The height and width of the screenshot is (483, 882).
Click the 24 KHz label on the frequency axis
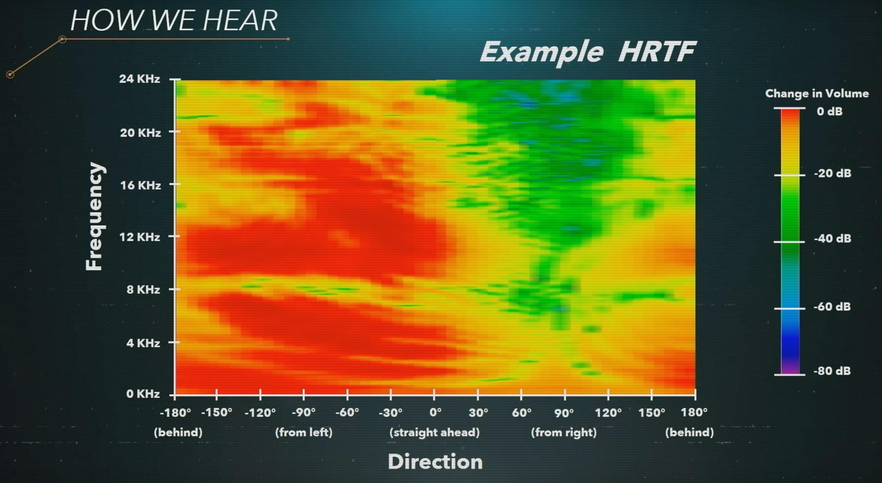pyautogui.click(x=139, y=79)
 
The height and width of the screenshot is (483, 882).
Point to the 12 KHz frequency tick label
pyautogui.click(x=139, y=237)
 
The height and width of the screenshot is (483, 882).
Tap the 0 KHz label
pyautogui.click(x=143, y=394)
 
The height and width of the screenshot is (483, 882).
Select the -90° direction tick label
pyautogui.click(x=303, y=412)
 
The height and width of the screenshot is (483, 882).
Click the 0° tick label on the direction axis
pyautogui.click(x=435, y=412)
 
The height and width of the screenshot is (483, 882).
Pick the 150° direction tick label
pyautogui.click(x=651, y=412)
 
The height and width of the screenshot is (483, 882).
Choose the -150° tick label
pyautogui.click(x=216, y=412)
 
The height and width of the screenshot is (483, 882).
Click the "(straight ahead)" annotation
pyautogui.click(x=435, y=432)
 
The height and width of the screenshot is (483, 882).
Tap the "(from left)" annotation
pyautogui.click(x=304, y=432)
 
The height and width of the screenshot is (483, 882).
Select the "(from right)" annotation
pyautogui.click(x=564, y=432)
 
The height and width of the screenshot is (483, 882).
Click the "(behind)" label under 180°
pyautogui.click(x=689, y=432)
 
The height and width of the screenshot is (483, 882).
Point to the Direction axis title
pyautogui.click(x=435, y=462)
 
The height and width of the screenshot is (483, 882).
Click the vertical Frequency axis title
pyautogui.click(x=94, y=216)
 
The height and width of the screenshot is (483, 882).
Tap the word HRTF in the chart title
pyautogui.click(x=657, y=52)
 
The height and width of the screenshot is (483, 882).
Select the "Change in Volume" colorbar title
pyautogui.click(x=817, y=93)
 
